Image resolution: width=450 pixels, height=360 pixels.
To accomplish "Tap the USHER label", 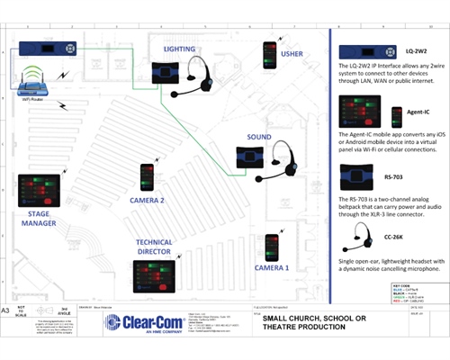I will tap(292, 53).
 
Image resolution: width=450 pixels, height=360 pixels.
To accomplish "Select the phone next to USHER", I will tap(268, 56).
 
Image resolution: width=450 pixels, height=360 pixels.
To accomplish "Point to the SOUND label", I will tap(259, 138).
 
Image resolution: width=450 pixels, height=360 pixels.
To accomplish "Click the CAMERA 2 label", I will tap(147, 200).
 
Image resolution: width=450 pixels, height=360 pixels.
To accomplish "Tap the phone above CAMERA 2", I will tap(147, 175).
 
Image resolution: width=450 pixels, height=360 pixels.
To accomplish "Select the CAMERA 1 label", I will tap(271, 268).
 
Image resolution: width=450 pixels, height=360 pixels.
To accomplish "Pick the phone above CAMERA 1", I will tap(270, 245).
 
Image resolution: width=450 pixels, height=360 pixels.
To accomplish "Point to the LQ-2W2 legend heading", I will tap(417, 52).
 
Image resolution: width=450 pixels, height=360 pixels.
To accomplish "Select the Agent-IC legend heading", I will tap(416, 113).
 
